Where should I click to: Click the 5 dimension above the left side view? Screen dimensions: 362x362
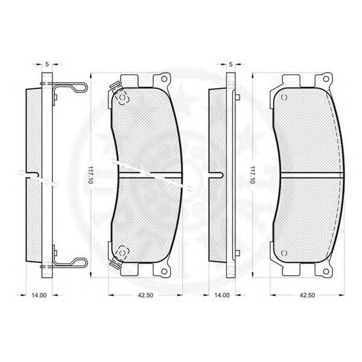point(47,65)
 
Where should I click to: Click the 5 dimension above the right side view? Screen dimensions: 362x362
point(230,65)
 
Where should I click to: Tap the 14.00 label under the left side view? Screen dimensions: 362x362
point(39,295)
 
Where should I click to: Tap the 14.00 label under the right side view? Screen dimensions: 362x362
point(222,295)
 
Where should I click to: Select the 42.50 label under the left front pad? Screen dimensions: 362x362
point(145,295)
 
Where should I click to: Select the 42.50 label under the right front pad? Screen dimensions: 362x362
point(307,295)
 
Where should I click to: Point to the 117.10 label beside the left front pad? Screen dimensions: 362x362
point(90,175)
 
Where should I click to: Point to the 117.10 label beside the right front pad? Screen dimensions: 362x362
point(252,175)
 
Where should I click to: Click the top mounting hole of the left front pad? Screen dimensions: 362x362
point(164,79)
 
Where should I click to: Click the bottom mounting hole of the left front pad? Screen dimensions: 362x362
point(164,271)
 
